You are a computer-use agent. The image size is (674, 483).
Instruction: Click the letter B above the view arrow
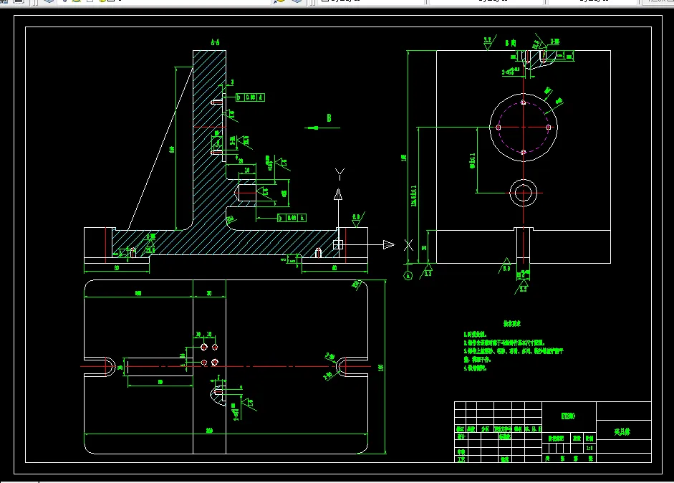[x=329, y=118]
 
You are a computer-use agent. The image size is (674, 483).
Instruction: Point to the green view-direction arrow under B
[x=312, y=128]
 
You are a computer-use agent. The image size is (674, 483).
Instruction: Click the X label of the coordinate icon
[x=408, y=245]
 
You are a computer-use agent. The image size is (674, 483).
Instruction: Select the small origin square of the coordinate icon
[x=338, y=245]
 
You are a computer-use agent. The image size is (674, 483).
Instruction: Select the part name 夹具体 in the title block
[x=622, y=432]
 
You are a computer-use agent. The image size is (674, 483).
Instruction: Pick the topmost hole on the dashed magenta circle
[x=524, y=102]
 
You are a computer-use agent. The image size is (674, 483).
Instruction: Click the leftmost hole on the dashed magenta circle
[x=499, y=127]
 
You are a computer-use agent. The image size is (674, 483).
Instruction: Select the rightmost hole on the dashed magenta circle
[x=549, y=127]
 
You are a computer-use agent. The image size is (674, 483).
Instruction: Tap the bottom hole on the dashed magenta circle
[x=524, y=152]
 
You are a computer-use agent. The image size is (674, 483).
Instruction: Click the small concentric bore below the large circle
[x=524, y=192]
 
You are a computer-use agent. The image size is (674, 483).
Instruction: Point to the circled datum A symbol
[x=408, y=274]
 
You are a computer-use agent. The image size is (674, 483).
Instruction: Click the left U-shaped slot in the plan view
[x=106, y=365]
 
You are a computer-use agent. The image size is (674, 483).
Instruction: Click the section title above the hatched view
[x=215, y=43]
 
